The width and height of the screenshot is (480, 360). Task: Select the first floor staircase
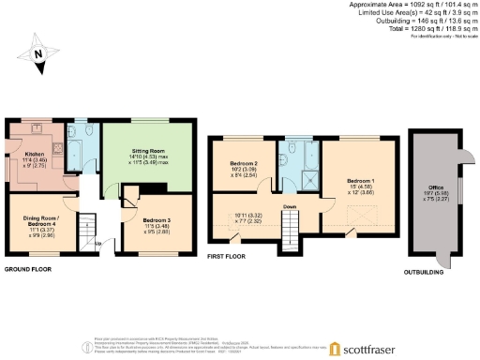click(292, 224)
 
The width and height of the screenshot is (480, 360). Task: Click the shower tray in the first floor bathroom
click(305, 177)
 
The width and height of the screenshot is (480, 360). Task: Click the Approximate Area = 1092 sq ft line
click(412, 6)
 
